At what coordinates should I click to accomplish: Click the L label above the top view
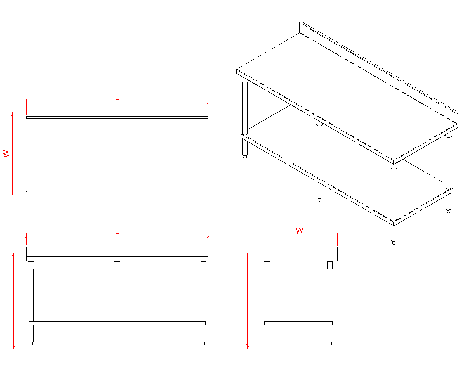(x=117, y=96)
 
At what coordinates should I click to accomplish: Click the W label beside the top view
(x=6, y=154)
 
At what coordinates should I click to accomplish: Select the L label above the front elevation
(x=117, y=231)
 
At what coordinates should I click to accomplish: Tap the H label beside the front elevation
(x=7, y=301)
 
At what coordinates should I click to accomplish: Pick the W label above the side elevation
(x=299, y=230)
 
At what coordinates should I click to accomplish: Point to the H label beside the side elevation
(x=241, y=301)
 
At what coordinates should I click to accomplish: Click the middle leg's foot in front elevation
(x=117, y=344)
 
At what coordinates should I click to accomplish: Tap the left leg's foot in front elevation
(x=31, y=344)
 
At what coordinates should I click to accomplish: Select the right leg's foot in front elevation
(x=203, y=344)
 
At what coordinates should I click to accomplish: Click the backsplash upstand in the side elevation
(x=336, y=254)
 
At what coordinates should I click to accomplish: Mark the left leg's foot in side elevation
(x=267, y=344)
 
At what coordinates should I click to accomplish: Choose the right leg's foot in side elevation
(x=330, y=344)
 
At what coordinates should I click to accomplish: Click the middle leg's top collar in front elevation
(x=117, y=265)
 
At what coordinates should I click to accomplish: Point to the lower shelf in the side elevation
(x=298, y=323)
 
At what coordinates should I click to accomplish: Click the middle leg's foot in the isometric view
(x=319, y=200)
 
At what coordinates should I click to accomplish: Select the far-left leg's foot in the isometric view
(x=245, y=157)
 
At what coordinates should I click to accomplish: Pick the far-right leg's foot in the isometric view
(x=449, y=211)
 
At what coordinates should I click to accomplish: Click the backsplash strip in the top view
(x=117, y=117)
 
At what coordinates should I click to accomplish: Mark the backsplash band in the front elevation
(x=117, y=252)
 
